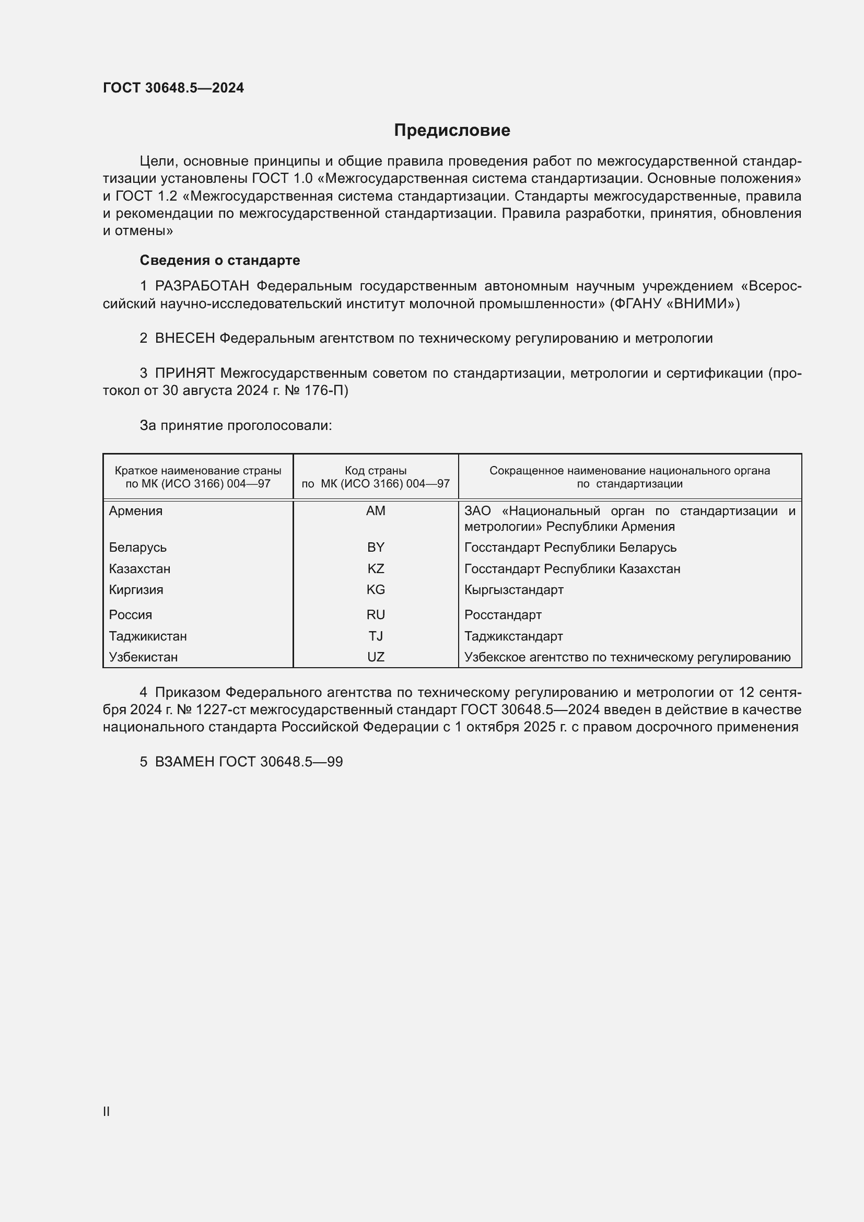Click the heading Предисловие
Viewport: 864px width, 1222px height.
click(x=452, y=131)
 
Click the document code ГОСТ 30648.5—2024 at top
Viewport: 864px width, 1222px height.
click(x=173, y=88)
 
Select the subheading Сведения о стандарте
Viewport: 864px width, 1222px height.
click(x=220, y=260)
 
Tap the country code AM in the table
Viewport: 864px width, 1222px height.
click(x=376, y=511)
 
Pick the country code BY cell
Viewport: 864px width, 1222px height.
click(x=376, y=548)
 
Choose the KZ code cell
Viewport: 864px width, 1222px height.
click(x=376, y=569)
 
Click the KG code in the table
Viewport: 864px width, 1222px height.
click(x=376, y=590)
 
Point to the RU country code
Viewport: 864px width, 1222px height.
click(x=376, y=615)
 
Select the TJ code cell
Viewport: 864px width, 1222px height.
click(x=376, y=636)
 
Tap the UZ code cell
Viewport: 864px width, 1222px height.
click(x=376, y=657)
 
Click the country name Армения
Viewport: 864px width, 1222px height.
click(x=136, y=511)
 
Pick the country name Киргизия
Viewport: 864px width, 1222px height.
click(x=136, y=590)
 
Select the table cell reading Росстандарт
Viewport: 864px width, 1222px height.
click(x=503, y=615)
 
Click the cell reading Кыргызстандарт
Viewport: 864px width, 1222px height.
click(x=514, y=590)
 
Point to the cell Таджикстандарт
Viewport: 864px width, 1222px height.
click(x=513, y=636)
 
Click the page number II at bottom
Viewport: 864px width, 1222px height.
click(x=107, y=1111)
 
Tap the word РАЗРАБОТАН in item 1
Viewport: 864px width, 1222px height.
click(x=202, y=286)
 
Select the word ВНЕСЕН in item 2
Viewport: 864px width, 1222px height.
click(x=184, y=339)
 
